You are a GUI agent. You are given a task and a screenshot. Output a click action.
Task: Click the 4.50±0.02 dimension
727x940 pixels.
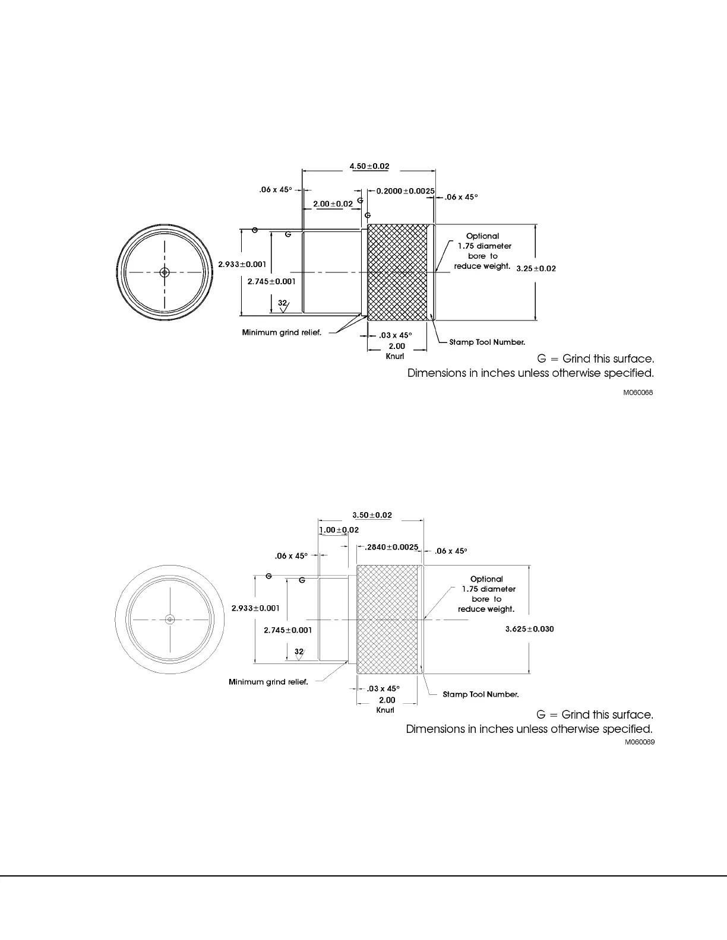point(369,166)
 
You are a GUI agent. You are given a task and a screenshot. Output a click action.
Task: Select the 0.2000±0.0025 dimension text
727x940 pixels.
point(405,191)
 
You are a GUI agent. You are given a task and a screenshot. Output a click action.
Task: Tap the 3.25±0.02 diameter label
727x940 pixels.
point(536,268)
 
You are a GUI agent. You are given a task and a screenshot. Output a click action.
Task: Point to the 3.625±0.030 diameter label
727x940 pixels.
point(529,629)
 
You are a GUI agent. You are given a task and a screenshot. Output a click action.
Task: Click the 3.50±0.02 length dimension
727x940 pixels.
point(372,515)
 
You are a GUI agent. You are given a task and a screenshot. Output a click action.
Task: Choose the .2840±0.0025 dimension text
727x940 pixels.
point(391,547)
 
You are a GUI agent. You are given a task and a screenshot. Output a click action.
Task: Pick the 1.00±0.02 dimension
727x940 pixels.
point(339,530)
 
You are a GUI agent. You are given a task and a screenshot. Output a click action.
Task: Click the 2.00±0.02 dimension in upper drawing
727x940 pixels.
point(333,204)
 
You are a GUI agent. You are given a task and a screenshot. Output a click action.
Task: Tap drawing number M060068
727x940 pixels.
point(638,393)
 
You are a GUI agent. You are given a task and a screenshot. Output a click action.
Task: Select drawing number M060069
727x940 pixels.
point(639,742)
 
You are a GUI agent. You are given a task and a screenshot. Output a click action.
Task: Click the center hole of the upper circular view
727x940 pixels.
point(165,272)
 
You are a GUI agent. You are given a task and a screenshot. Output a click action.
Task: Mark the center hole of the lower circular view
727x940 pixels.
point(170,620)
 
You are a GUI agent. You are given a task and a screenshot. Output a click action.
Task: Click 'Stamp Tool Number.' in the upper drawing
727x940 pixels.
point(487,342)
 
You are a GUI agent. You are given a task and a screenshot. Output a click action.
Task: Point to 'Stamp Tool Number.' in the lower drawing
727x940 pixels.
point(481,694)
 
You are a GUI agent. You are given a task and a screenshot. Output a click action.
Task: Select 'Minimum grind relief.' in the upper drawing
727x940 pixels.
point(282,332)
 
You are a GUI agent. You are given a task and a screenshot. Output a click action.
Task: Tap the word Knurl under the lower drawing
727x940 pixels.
point(385,710)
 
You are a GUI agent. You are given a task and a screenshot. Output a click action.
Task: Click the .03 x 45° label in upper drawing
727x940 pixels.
point(395,335)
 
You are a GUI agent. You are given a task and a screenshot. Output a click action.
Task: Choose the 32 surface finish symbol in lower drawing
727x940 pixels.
point(299,652)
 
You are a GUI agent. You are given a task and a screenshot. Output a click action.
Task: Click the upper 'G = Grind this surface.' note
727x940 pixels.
point(595,359)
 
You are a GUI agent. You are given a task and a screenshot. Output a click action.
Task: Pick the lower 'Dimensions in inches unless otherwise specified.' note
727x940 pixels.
point(529,729)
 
